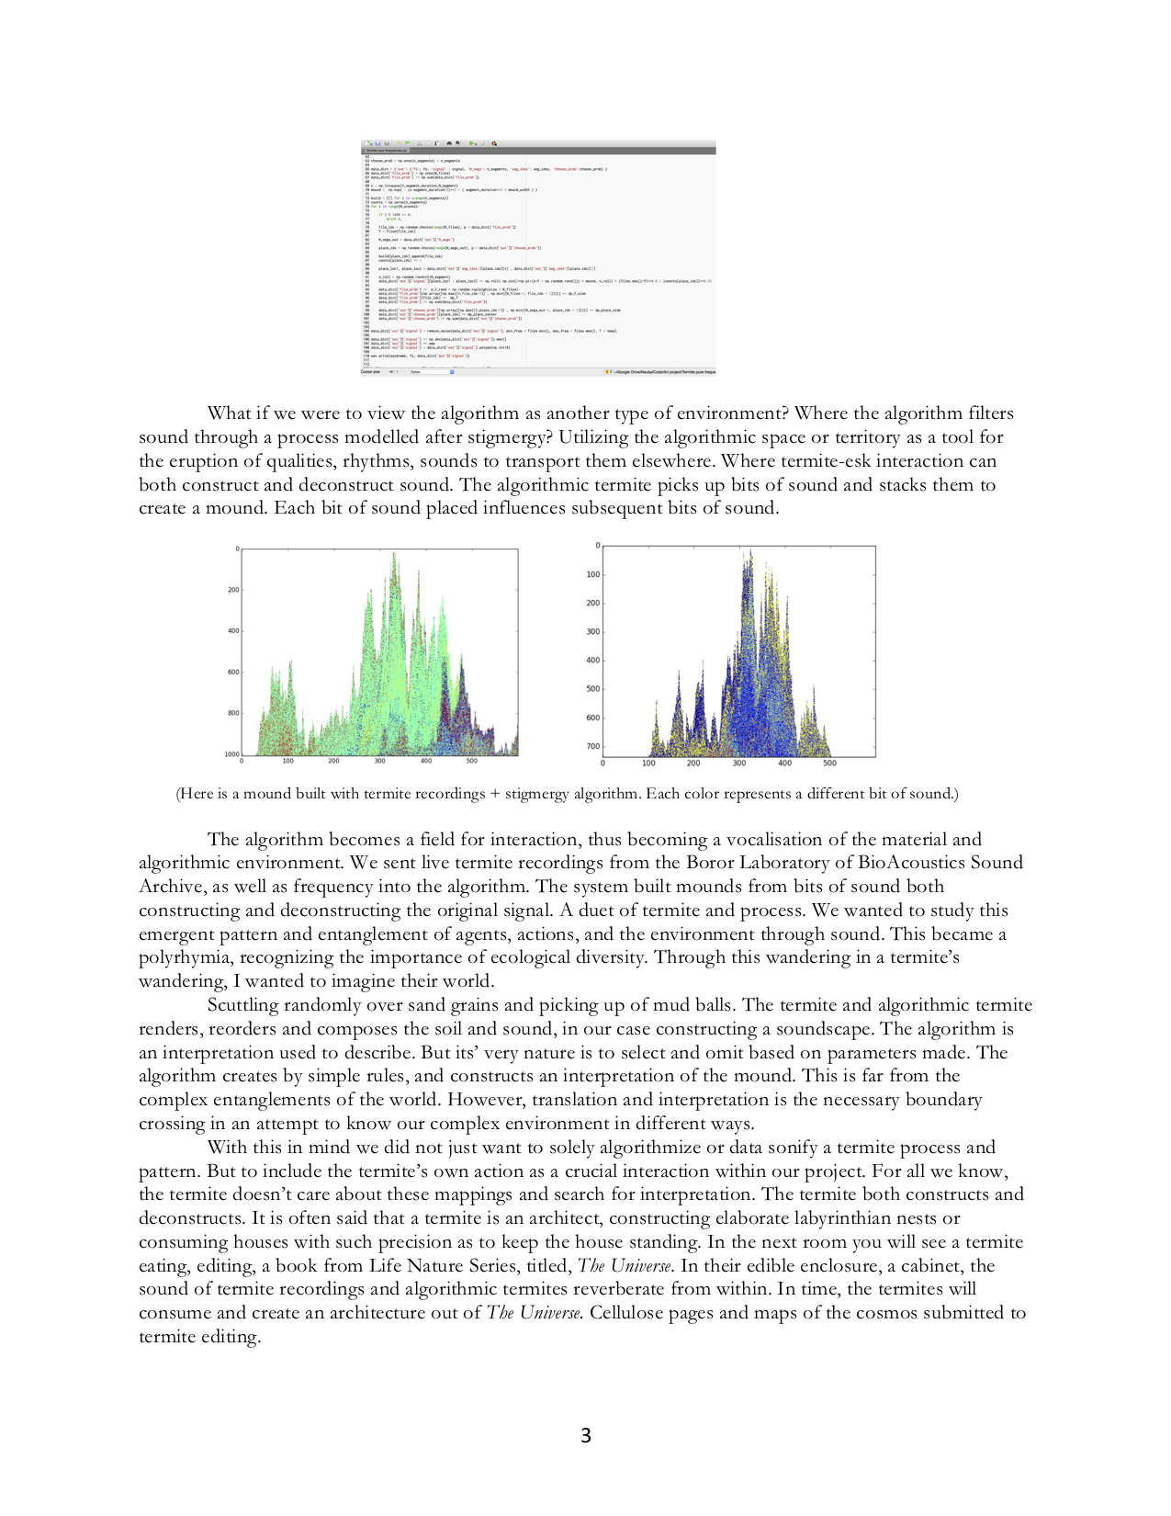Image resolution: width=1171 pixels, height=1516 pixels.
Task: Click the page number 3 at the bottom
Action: click(x=586, y=1435)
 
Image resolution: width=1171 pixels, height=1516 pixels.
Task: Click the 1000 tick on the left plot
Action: click(x=231, y=754)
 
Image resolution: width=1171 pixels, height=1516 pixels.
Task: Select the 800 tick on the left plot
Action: click(x=233, y=713)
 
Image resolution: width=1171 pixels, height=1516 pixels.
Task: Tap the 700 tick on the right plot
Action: click(x=592, y=747)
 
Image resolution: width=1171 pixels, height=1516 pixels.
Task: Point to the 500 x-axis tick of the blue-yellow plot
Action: click(x=829, y=764)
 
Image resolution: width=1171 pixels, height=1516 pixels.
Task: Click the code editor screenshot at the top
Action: click(x=537, y=257)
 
